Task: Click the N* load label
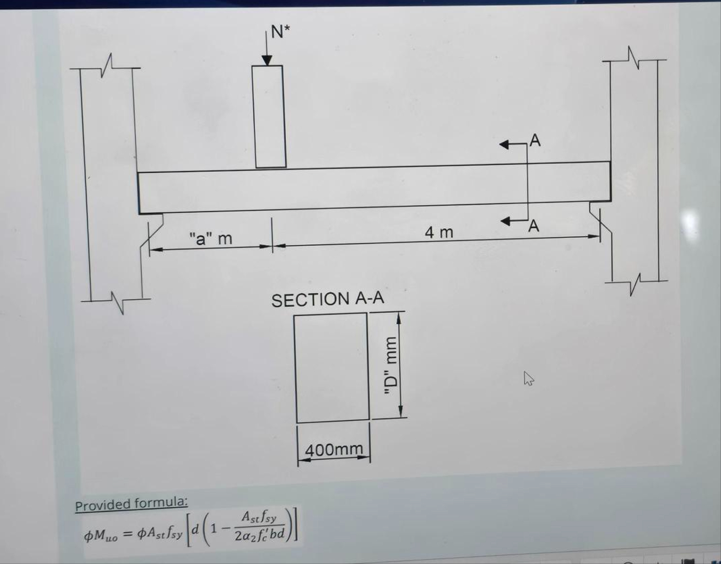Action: point(281,32)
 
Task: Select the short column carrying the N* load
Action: point(269,116)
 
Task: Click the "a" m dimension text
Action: point(210,238)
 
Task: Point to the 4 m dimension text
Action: point(439,232)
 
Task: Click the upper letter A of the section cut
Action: point(535,140)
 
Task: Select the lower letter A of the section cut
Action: point(533,226)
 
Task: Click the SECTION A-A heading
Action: point(328,299)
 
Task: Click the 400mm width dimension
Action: point(334,449)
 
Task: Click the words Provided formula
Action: point(131,503)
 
